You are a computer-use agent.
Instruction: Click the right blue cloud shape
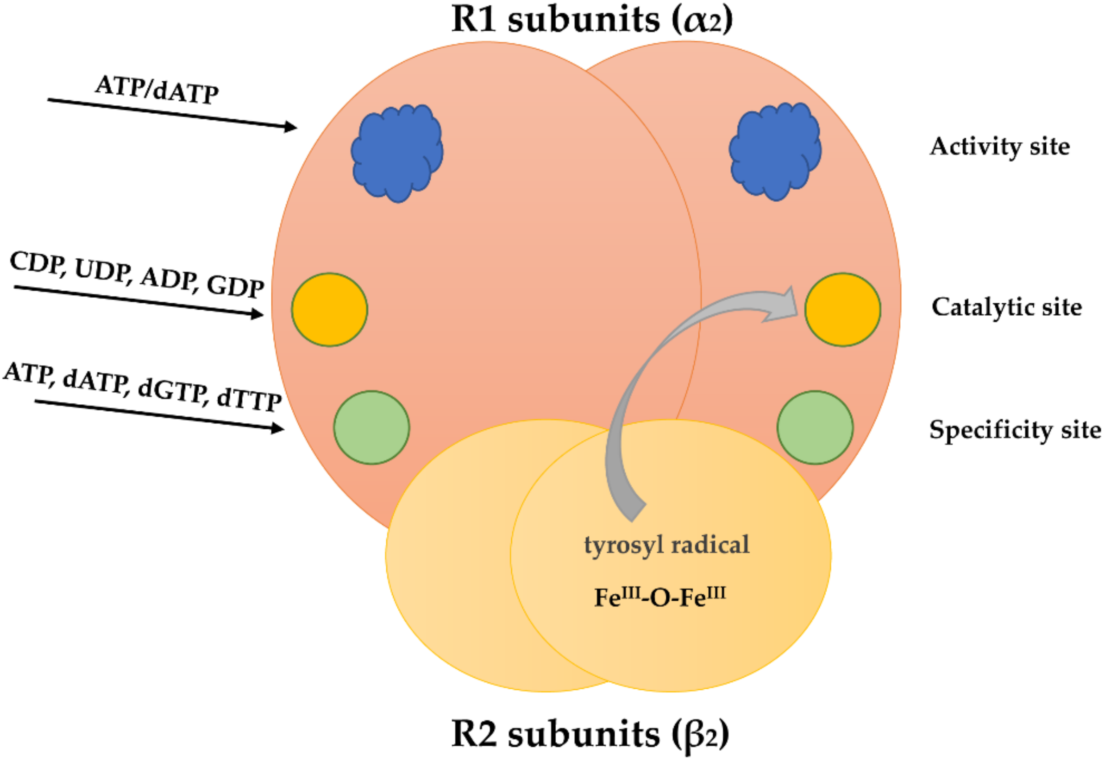tap(775, 151)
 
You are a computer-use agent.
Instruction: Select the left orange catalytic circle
tap(329, 309)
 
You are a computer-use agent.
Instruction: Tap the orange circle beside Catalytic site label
tap(842, 309)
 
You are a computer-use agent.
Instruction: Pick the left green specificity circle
tap(371, 427)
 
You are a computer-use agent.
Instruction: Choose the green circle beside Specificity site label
tap(815, 427)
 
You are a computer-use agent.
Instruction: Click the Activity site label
tap(1000, 147)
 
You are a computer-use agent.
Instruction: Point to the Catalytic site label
tap(1006, 307)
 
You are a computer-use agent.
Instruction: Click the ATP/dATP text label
tap(157, 89)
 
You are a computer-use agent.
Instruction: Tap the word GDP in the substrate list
tap(235, 286)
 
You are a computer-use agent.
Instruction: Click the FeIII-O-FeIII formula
tap(660, 597)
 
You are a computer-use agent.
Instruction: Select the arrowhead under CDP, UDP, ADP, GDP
tap(257, 314)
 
